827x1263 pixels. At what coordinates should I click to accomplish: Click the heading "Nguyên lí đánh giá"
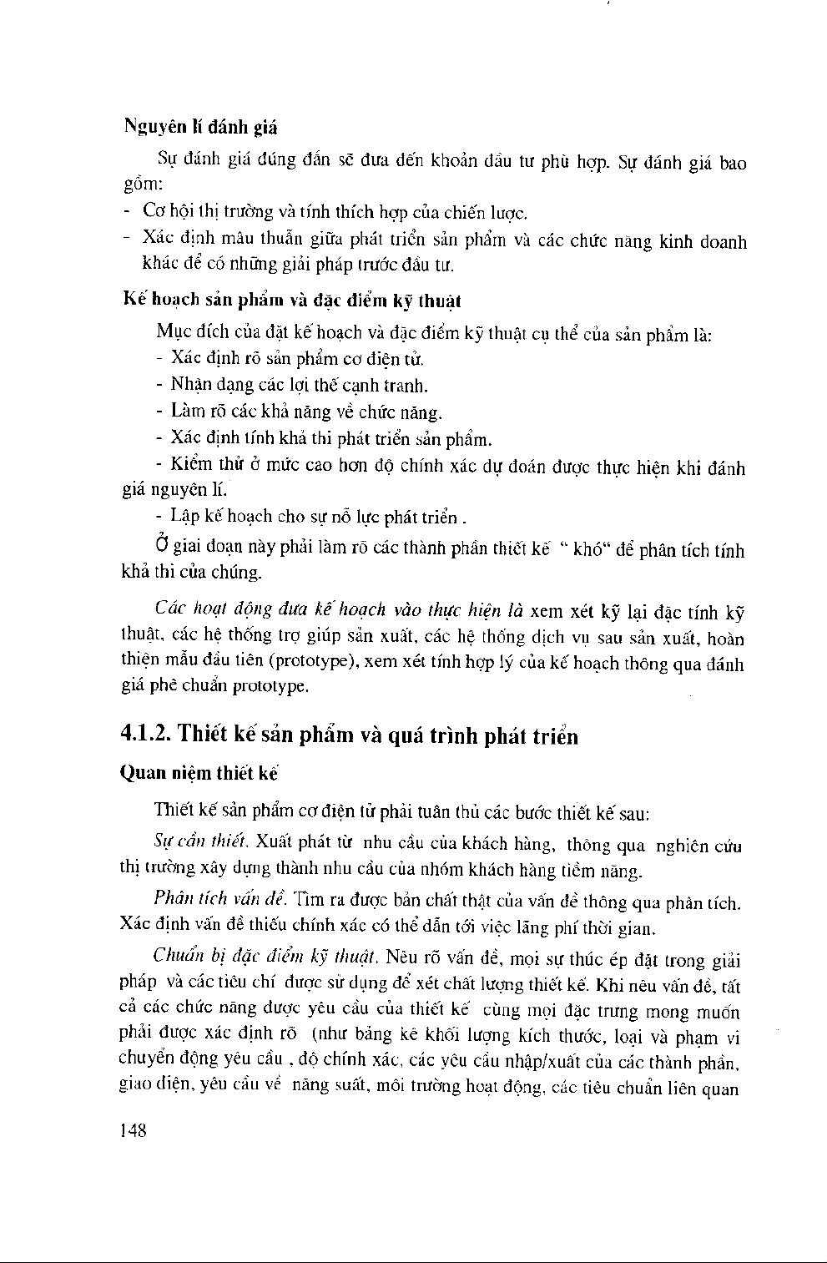tap(200, 128)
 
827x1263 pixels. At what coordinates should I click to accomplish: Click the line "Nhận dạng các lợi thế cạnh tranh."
tap(299, 386)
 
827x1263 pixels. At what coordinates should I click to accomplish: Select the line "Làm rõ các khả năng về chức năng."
tap(306, 412)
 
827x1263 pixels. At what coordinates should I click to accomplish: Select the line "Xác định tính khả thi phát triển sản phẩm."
tap(330, 439)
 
